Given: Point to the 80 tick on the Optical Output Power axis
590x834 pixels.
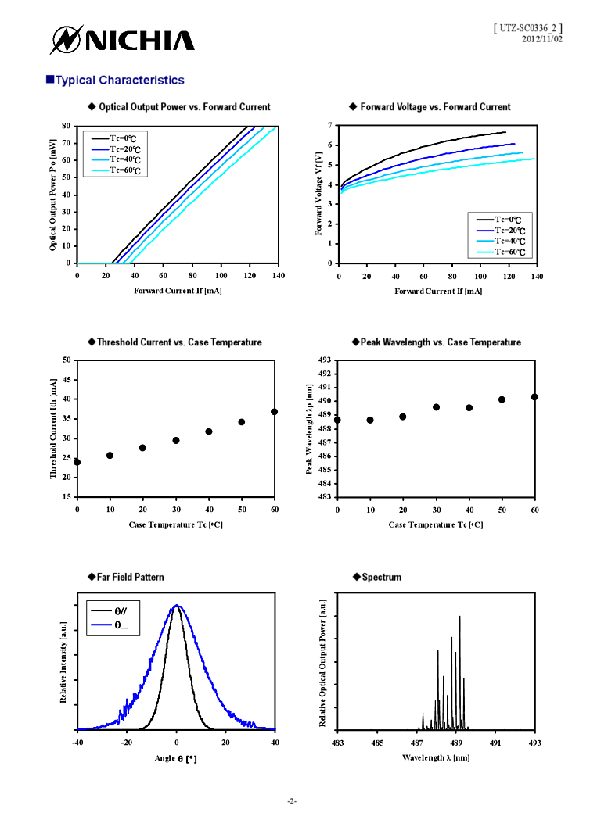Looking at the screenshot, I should [x=67, y=126].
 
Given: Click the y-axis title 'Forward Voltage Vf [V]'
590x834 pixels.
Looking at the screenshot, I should [x=319, y=194].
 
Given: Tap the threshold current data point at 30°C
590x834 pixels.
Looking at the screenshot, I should [x=176, y=441].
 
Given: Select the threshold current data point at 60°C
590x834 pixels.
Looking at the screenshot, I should [x=274, y=412].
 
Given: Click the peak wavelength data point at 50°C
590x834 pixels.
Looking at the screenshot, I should [x=502, y=399].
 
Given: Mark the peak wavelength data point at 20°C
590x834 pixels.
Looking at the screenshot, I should [x=403, y=417].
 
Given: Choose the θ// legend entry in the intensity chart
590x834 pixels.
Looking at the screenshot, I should [x=120, y=612].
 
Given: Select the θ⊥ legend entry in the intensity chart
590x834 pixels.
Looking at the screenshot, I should [x=120, y=625].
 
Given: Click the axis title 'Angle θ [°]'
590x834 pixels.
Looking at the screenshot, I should [x=176, y=758].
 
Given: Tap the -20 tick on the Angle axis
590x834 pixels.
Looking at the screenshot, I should [x=127, y=743].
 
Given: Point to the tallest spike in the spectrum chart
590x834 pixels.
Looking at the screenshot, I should [x=459, y=617].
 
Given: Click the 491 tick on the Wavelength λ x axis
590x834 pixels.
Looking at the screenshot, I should [x=495, y=743].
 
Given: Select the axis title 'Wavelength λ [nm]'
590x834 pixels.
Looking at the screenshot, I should [x=436, y=757].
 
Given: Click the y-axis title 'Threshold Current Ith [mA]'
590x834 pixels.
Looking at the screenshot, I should [x=53, y=428].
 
